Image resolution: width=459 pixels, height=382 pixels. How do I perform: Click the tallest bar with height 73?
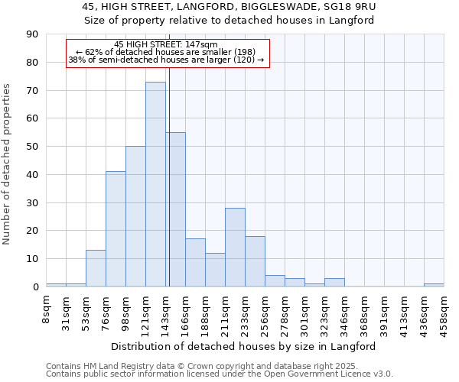point(155,184)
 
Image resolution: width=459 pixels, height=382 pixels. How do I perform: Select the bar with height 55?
point(175,209)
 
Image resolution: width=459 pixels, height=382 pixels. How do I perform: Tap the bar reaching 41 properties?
point(116,229)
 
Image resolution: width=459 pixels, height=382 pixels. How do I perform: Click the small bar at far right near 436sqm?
point(434,285)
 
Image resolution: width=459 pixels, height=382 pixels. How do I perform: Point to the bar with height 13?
point(96,268)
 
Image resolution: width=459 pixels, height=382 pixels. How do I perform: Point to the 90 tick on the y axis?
point(33,34)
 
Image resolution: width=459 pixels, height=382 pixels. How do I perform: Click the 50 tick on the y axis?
point(33,147)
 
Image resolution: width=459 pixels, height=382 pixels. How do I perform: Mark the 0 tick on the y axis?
point(36,287)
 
